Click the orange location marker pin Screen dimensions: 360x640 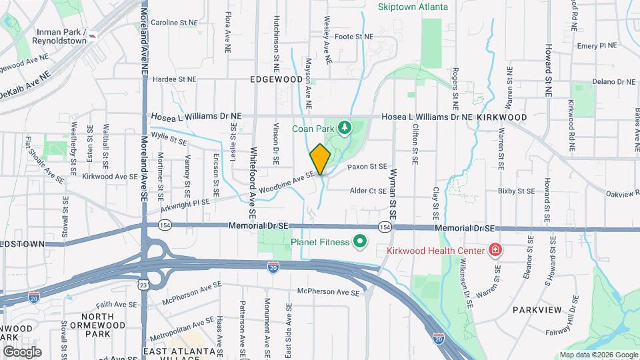(320, 159)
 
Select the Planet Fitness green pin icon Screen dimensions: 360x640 (361, 241)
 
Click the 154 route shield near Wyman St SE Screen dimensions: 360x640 (384, 228)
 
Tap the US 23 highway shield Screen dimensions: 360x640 (143, 285)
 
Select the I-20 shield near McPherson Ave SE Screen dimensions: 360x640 (273, 267)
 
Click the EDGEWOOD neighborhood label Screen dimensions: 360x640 (276, 79)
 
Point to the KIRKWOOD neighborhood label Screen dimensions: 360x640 (503, 117)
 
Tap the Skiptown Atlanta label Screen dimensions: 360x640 (422, 7)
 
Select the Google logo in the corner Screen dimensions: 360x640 (22, 351)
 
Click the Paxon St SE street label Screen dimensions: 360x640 (367, 166)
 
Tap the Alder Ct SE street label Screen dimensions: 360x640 (369, 191)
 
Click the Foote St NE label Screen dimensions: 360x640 (353, 37)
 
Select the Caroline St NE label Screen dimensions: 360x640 (174, 22)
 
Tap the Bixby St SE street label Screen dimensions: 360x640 (517, 191)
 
